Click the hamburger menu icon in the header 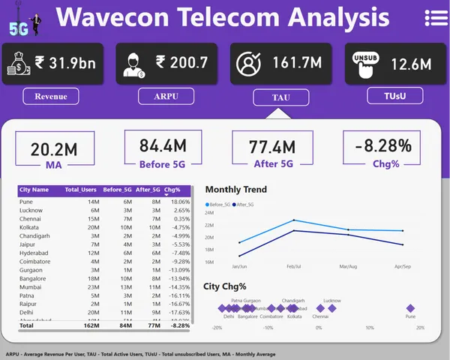coord(436,17)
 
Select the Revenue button coord(51,96)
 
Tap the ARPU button coord(166,96)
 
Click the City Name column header coord(34,190)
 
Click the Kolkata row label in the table coord(30,226)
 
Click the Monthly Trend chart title coord(235,190)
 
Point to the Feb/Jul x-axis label coord(294,266)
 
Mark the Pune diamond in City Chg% coord(410,308)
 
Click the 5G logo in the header coord(19,28)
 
